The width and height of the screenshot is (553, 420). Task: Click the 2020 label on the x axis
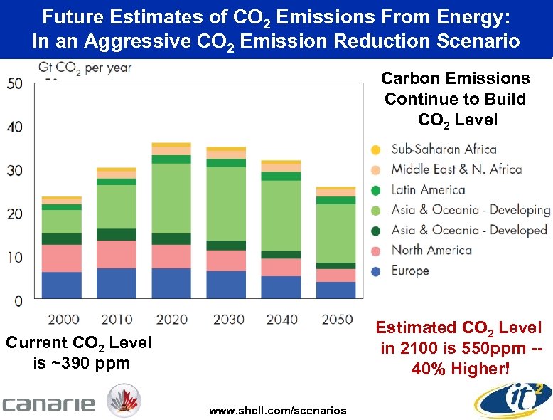click(x=171, y=319)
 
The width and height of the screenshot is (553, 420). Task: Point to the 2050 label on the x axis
click(x=337, y=319)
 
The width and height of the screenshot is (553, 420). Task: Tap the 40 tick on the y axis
click(x=14, y=127)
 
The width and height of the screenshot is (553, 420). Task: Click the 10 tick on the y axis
click(x=14, y=257)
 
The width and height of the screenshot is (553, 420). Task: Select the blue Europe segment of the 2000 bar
click(x=62, y=285)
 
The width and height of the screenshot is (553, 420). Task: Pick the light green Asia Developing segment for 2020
click(x=171, y=199)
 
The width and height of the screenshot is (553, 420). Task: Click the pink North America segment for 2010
click(x=117, y=254)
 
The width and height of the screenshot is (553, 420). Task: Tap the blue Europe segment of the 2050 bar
click(x=337, y=290)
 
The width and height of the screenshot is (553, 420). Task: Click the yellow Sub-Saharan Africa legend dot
click(x=376, y=149)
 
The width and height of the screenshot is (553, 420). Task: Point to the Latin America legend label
click(x=428, y=189)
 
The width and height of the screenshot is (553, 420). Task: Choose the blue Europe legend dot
click(x=376, y=271)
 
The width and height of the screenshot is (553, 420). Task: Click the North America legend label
click(x=431, y=250)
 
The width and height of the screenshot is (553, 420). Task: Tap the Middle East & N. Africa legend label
click(x=456, y=169)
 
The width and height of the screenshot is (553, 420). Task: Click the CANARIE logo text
click(x=48, y=404)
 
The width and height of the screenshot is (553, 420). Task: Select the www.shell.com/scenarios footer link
click(x=277, y=411)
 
